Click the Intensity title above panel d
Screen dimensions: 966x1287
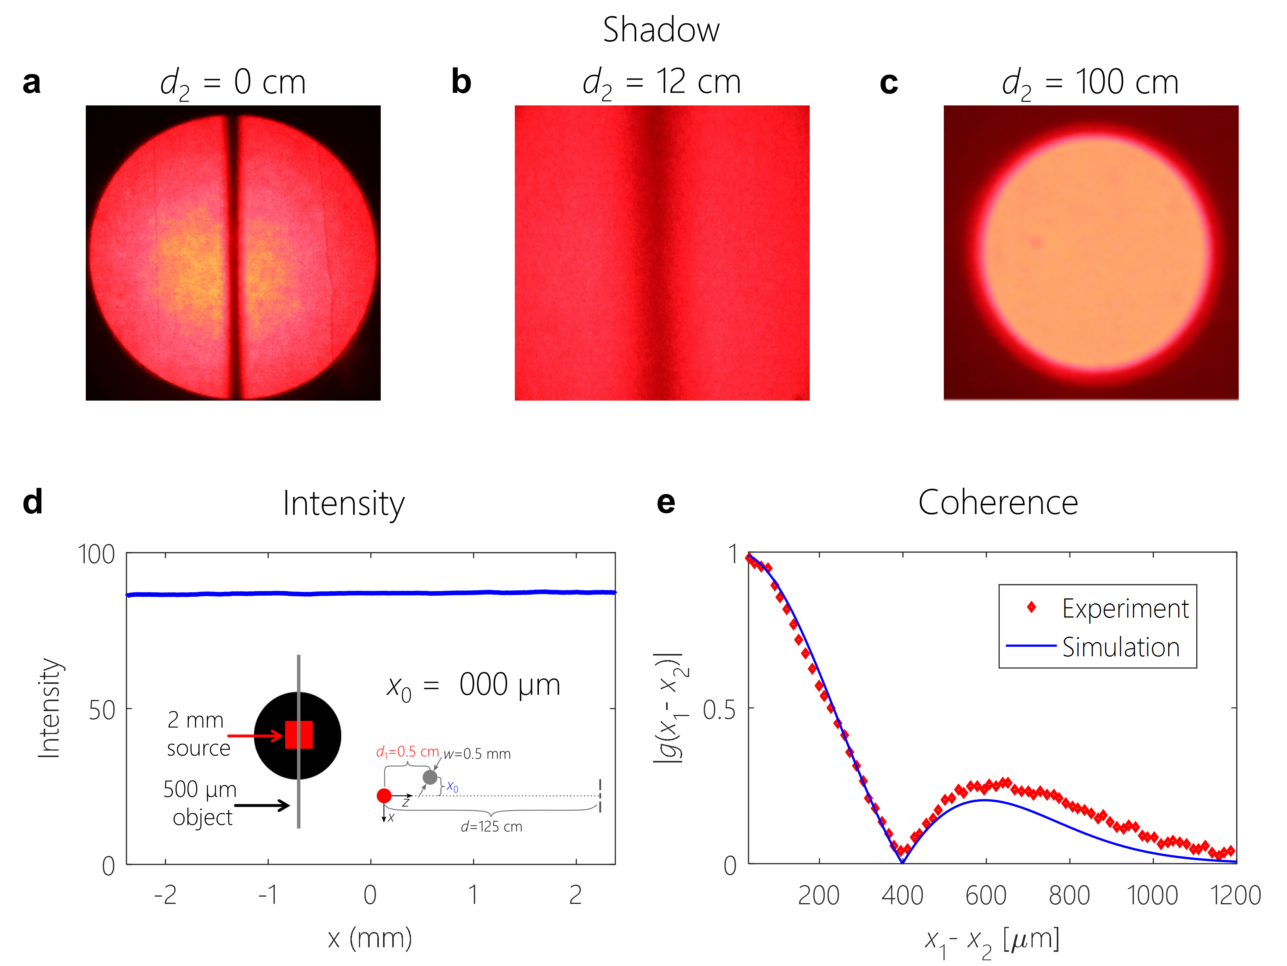pos(343,503)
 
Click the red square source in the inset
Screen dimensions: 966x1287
pos(298,735)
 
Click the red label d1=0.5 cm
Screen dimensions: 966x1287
pos(407,752)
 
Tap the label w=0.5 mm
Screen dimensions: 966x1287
pos(477,754)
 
